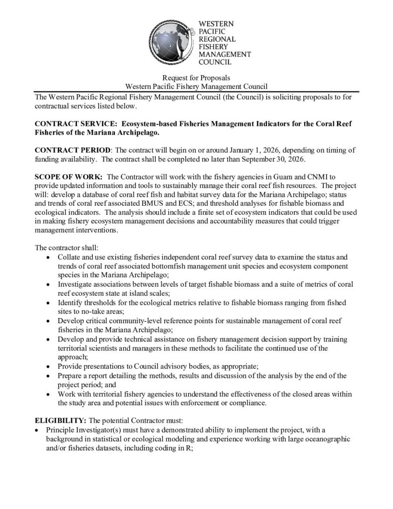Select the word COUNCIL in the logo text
(215, 63)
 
